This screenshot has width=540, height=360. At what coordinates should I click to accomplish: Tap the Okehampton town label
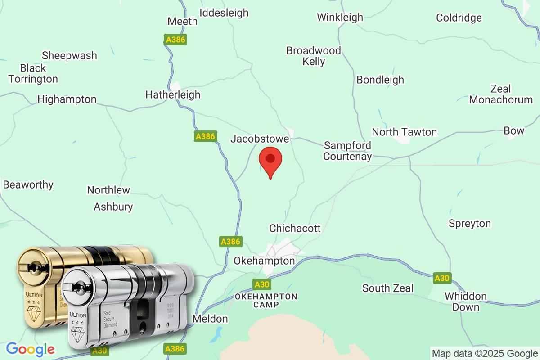(264, 261)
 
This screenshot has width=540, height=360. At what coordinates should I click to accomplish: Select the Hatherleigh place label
(173, 95)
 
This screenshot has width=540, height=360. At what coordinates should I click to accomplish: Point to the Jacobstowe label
(260, 139)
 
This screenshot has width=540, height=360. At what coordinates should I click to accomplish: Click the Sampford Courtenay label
(347, 151)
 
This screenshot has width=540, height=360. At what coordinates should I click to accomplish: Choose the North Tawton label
(404, 132)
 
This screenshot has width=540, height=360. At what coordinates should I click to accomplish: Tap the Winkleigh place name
(340, 17)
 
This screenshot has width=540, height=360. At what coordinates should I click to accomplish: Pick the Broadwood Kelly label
(314, 56)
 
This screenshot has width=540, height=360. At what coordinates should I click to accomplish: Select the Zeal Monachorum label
(501, 94)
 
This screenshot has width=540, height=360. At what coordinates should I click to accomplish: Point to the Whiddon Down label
(466, 301)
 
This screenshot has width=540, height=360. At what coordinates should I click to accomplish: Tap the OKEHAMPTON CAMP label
(266, 300)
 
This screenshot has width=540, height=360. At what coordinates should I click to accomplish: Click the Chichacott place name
(295, 229)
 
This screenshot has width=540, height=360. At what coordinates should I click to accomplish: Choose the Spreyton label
(469, 224)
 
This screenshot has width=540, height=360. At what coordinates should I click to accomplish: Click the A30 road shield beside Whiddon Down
(442, 278)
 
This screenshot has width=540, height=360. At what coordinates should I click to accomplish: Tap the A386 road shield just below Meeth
(175, 40)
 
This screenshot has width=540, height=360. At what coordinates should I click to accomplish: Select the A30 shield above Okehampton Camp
(261, 284)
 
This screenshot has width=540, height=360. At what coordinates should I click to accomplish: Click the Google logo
(31, 349)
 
